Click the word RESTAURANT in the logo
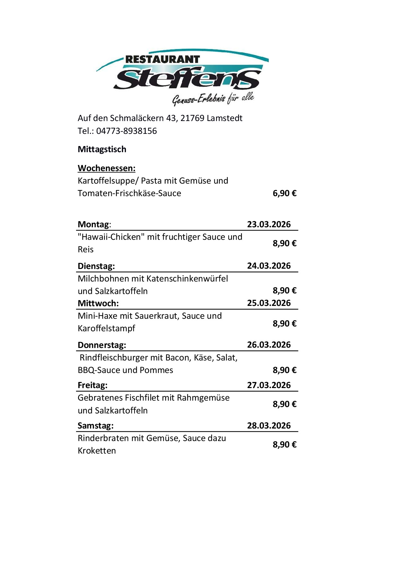coord(162,59)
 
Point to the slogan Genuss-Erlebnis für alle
coord(213,99)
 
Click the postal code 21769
coord(192,118)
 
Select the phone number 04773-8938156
coord(126,131)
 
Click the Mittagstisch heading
coord(102,149)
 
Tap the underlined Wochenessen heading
coord(107,168)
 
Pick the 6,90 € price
coord(284,193)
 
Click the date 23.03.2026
coord(269,224)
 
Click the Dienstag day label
coord(96,266)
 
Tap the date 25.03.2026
coord(269,303)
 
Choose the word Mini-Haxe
coord(98,316)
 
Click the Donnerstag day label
coord(102,345)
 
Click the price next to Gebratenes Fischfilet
coord(284,404)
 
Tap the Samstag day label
coord(96,426)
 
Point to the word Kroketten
coord(97,451)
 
